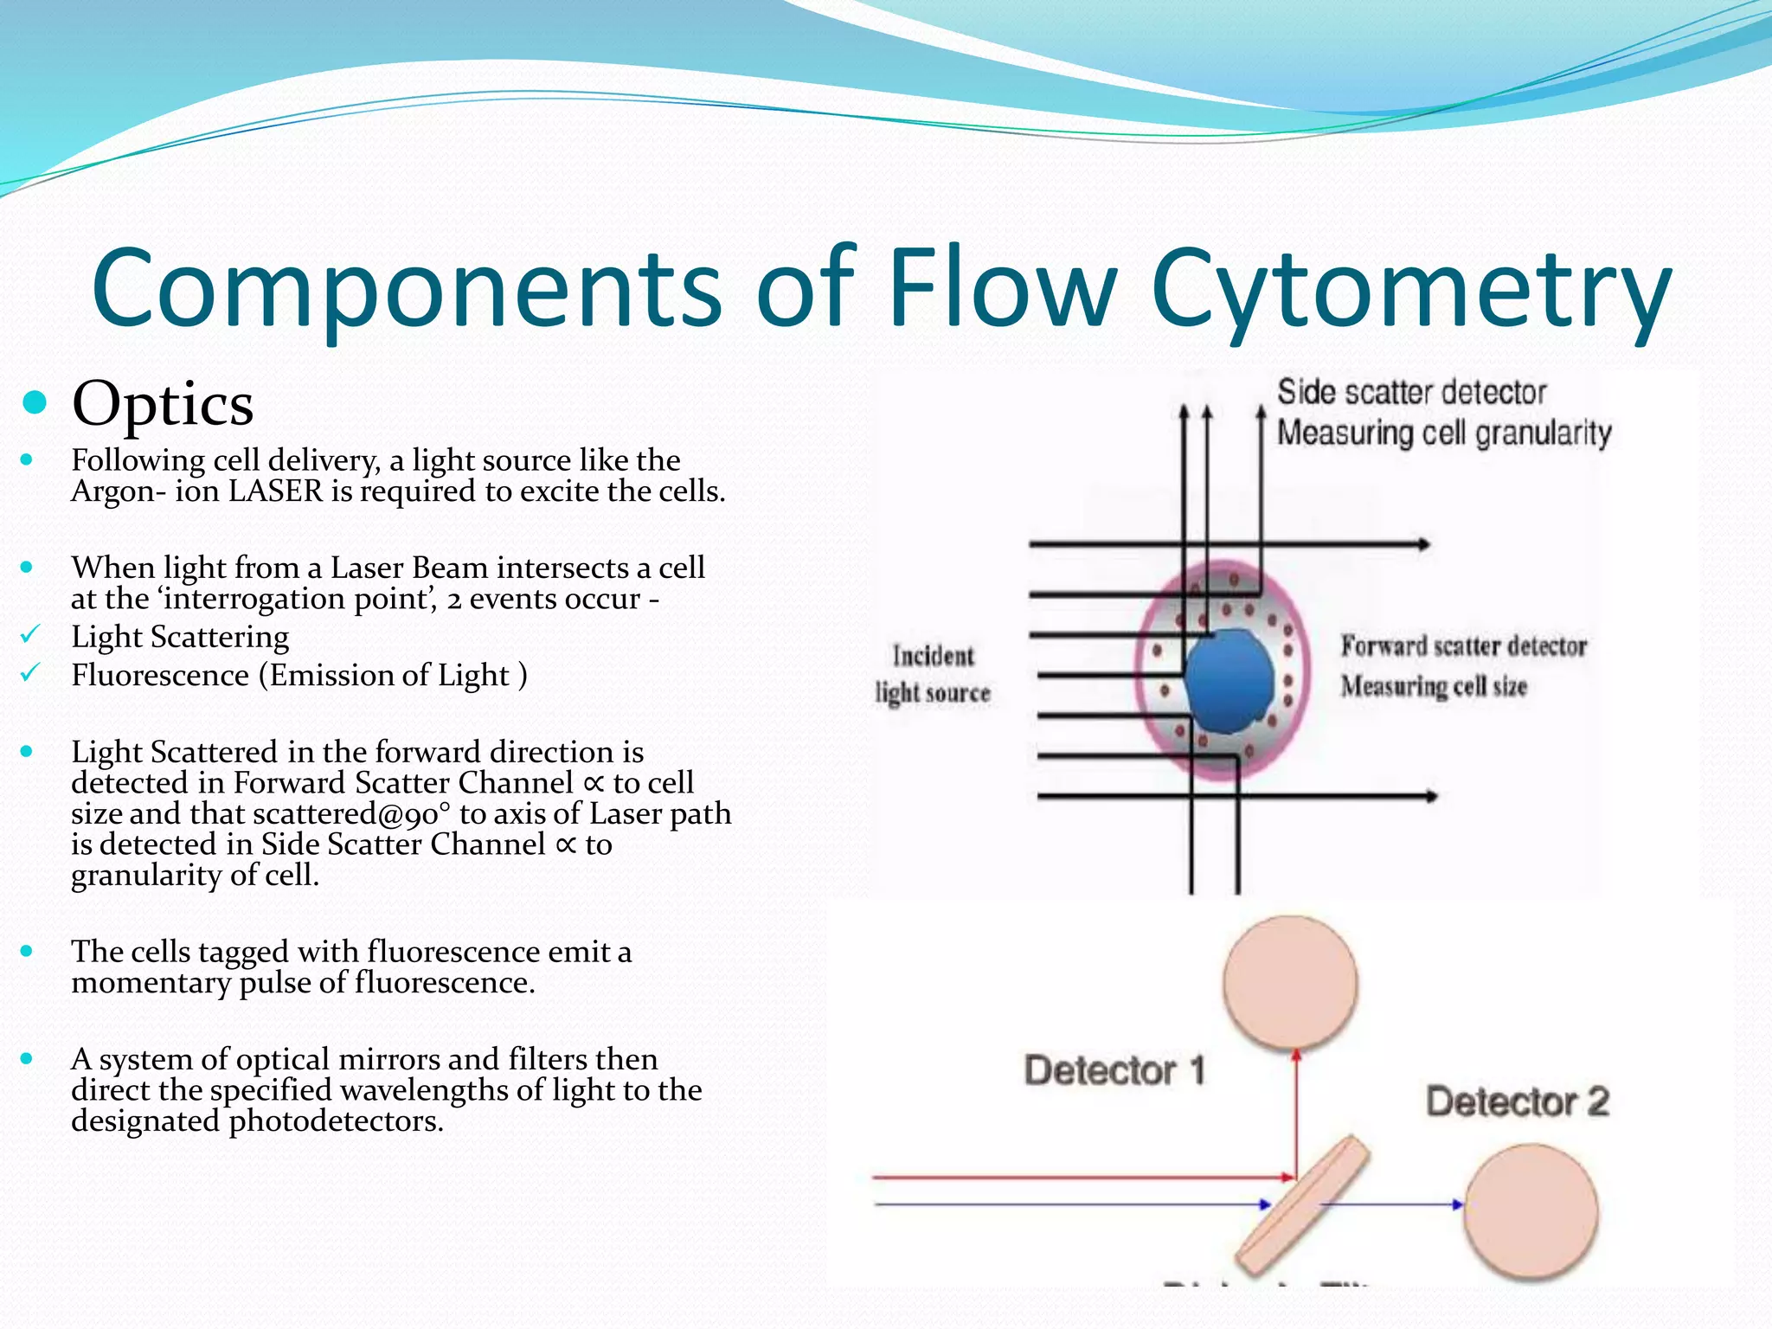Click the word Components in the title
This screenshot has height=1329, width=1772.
point(407,290)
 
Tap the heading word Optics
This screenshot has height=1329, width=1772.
point(163,404)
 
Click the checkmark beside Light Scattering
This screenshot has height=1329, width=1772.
point(30,636)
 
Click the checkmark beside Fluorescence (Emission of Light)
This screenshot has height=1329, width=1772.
point(30,673)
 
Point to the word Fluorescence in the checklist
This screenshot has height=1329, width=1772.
point(160,675)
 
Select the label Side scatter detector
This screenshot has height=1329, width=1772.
point(1411,393)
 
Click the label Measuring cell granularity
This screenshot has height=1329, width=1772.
point(1444,433)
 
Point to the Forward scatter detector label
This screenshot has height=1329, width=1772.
point(1463,646)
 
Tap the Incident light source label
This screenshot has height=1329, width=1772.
point(933,674)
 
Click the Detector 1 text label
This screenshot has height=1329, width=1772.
point(1114,1071)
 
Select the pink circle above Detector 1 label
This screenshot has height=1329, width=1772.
point(1290,983)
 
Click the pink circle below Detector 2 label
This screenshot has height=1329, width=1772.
point(1531,1211)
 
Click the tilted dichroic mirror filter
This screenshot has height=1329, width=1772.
point(1303,1204)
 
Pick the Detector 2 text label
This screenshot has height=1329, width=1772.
point(1518,1102)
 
